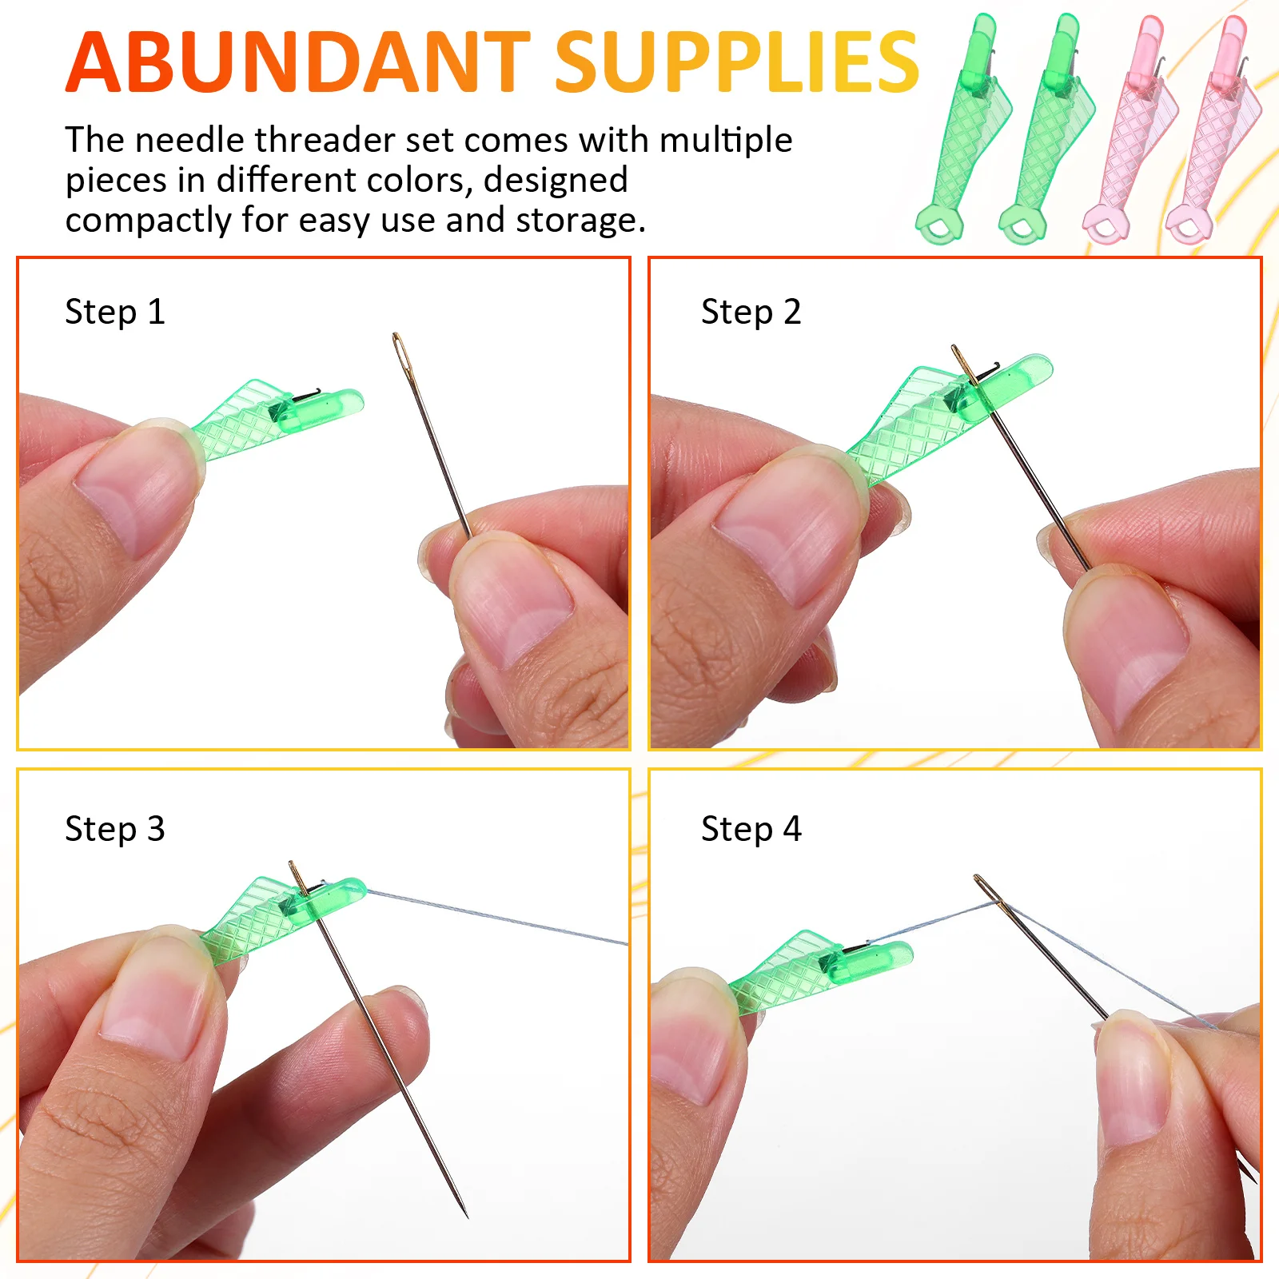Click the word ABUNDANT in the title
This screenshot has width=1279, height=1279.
297,62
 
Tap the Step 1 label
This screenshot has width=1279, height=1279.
115,312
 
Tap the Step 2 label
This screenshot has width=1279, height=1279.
751,312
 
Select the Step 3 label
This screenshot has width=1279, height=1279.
115,829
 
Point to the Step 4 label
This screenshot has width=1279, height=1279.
751,829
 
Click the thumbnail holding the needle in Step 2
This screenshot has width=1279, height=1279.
1127,639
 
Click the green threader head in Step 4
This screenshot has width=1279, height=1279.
871,959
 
